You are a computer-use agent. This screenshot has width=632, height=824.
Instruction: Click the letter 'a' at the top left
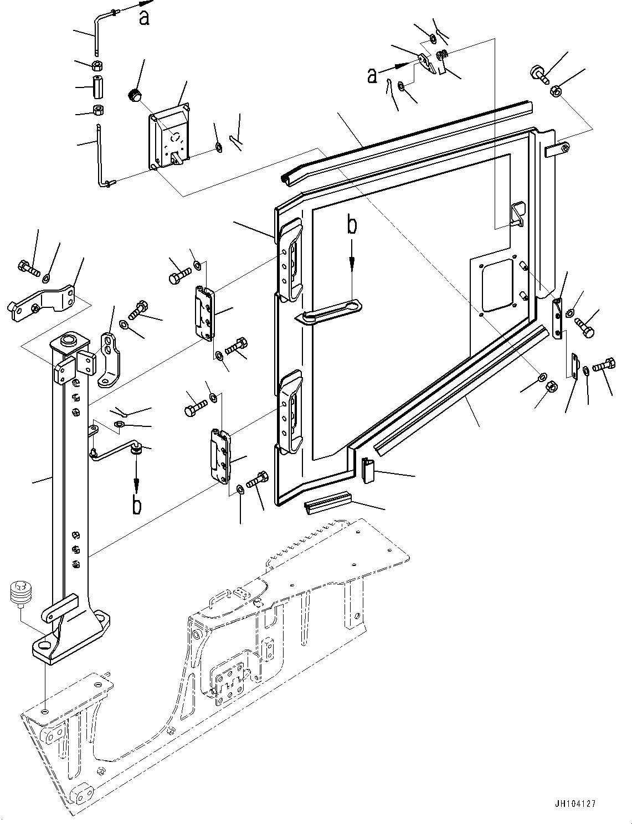click(x=144, y=19)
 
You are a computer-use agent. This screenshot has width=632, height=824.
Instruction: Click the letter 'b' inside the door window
click(x=352, y=226)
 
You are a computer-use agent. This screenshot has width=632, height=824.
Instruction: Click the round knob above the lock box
click(x=133, y=95)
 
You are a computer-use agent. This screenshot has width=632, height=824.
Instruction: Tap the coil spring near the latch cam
click(x=442, y=55)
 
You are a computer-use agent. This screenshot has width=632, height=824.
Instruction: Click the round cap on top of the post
click(x=70, y=339)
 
